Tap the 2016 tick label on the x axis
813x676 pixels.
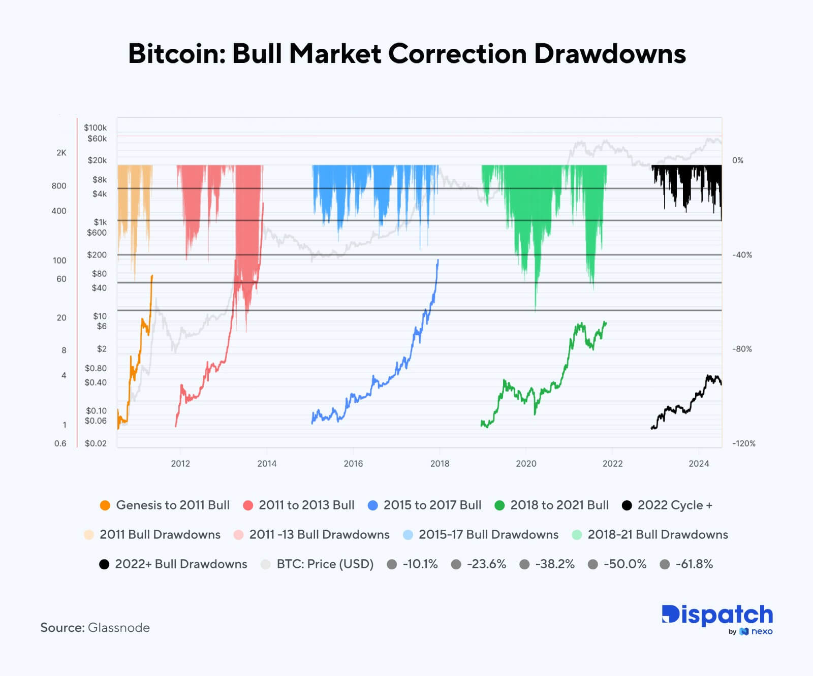(x=353, y=463)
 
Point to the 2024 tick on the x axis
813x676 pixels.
(x=699, y=463)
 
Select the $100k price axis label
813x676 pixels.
(x=96, y=127)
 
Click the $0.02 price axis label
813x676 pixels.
(x=96, y=443)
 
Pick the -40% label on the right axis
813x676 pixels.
(x=742, y=255)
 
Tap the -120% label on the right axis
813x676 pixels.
(x=743, y=443)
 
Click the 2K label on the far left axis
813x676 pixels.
(x=61, y=153)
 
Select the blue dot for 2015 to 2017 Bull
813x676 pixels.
(x=373, y=505)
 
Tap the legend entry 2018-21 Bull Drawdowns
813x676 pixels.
(x=658, y=535)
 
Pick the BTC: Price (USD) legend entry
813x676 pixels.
(x=325, y=564)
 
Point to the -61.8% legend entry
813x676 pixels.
(x=694, y=564)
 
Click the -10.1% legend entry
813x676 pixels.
(x=420, y=564)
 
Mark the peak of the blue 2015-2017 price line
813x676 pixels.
(x=438, y=260)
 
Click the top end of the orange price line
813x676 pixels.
(x=152, y=276)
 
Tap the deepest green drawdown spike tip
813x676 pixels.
(x=535, y=310)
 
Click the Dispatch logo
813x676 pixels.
(x=717, y=616)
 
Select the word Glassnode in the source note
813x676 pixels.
(x=119, y=628)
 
